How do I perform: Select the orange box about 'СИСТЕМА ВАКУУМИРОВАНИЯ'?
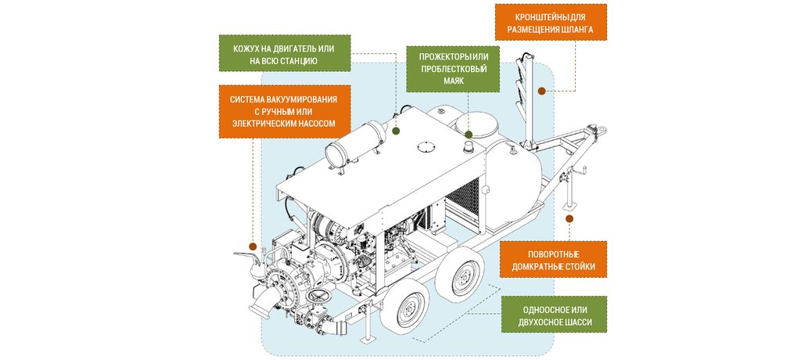[284, 111]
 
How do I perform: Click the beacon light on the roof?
[467, 146]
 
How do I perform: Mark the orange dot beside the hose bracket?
[541, 92]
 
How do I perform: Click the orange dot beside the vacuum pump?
[253, 245]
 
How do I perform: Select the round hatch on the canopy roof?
[425, 146]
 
